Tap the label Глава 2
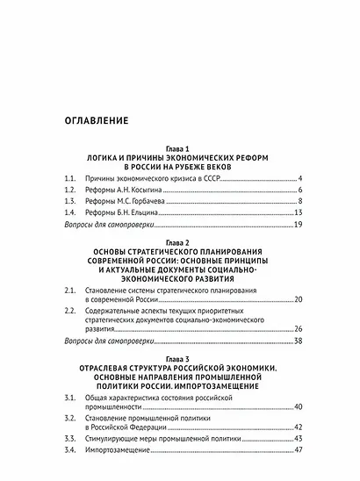click(179, 240)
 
